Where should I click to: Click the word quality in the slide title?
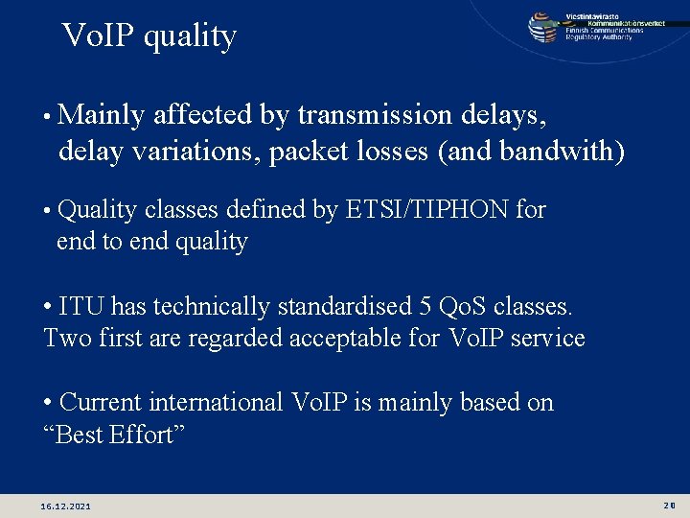(191, 36)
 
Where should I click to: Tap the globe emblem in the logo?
(542, 26)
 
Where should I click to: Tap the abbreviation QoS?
(462, 306)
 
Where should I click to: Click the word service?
(547, 338)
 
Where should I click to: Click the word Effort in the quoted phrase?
(147, 435)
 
